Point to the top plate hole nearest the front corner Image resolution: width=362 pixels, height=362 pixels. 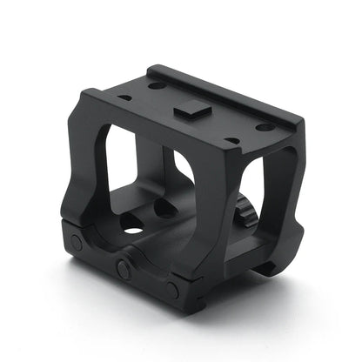[232, 139]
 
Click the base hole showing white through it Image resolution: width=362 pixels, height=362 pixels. [133, 229]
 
